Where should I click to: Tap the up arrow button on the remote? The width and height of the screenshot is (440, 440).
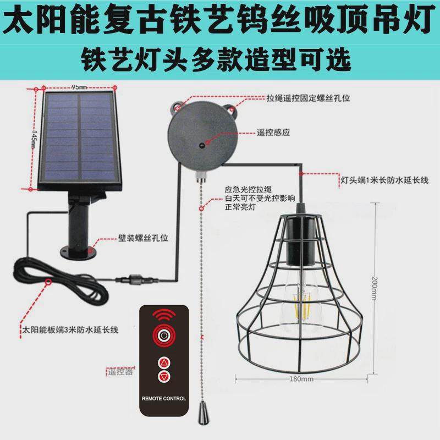pyautogui.click(x=164, y=363)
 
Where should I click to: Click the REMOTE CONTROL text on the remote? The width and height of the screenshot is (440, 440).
pyautogui.click(x=164, y=398)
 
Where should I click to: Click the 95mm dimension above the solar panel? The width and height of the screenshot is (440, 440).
pyautogui.click(x=79, y=87)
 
